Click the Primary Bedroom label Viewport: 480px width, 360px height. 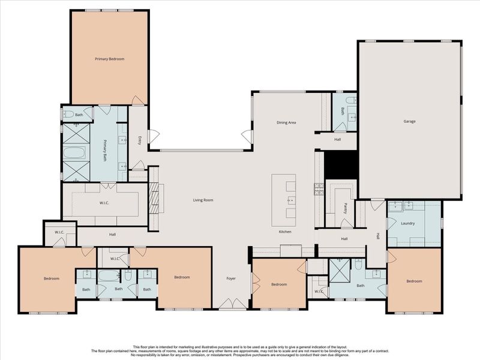[110, 59]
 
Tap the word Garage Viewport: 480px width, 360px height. [409, 121]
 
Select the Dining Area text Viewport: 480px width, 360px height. [286, 122]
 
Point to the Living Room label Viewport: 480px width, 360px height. [203, 200]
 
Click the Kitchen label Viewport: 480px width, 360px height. [284, 232]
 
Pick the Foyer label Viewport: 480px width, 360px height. [231, 278]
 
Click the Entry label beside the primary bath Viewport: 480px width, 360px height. [139, 140]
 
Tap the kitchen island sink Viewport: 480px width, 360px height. [291, 199]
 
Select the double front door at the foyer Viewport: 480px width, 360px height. [232, 305]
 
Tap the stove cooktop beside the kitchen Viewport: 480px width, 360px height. [319, 189]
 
